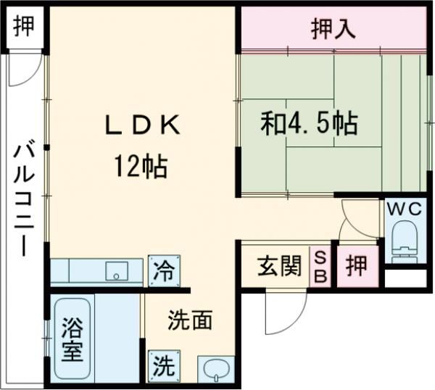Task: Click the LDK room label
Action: click(142, 125)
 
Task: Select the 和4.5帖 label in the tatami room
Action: click(310, 124)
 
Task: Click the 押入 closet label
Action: click(333, 29)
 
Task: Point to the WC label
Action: click(404, 208)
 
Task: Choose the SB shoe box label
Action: click(320, 267)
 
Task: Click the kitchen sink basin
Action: click(116, 272)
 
